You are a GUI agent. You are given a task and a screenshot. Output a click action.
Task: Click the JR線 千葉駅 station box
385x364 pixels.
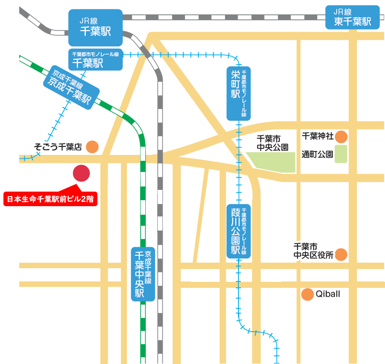pos(95,28)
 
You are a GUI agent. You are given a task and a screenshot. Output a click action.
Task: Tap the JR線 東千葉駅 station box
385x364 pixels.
pos(353,17)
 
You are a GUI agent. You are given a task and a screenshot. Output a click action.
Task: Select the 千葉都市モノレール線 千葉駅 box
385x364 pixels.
pos(95,59)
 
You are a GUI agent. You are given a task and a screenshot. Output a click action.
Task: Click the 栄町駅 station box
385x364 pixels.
pos(238,93)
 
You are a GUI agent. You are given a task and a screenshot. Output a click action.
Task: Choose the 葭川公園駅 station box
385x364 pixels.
pos(238,231)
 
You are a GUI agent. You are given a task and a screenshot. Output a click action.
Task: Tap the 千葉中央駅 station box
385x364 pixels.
pos(143,274)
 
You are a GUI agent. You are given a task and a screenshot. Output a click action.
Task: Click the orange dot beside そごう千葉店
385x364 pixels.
pos(92,147)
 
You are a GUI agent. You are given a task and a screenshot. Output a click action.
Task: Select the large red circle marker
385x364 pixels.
pos(81,173)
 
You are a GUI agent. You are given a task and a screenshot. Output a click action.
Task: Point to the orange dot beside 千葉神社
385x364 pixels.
pos(341,137)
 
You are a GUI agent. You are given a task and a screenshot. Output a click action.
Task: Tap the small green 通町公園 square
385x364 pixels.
pos(341,154)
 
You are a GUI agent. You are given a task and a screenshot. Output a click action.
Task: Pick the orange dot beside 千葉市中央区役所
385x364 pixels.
pos(341,255)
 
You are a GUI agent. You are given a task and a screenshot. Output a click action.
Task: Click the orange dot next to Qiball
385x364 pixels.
pos(307,295)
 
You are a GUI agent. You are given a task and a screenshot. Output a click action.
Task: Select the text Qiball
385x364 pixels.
pos(328,294)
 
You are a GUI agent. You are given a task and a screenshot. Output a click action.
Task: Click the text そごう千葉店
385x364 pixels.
pos(58,147)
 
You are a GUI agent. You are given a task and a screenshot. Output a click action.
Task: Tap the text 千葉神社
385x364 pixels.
pos(317,136)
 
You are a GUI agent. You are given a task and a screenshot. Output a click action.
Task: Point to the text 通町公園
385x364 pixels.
pos(317,154)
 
